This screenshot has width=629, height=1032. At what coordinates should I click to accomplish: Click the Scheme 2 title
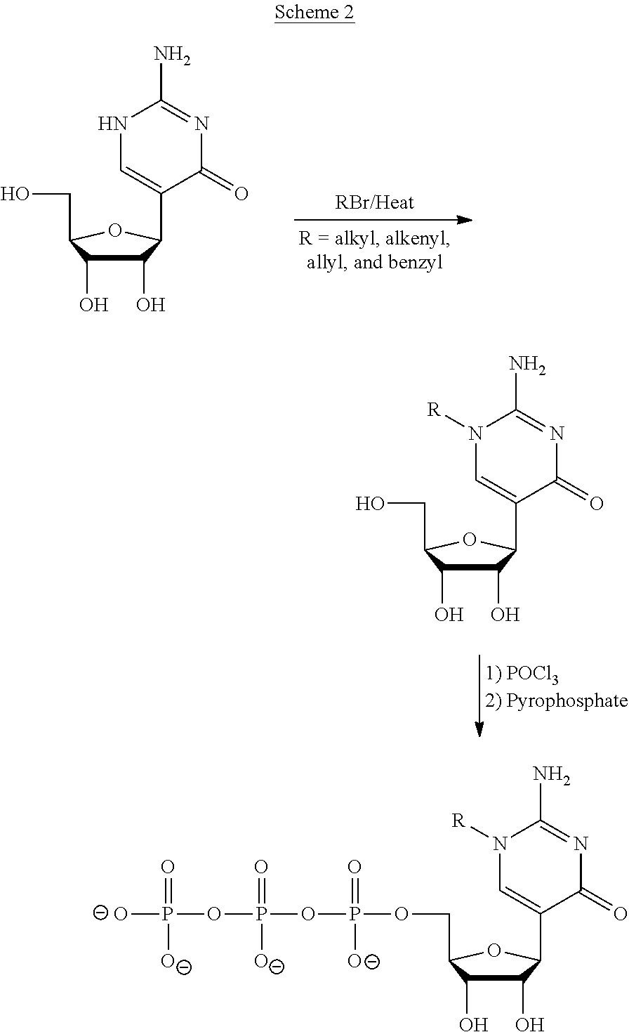tap(314, 12)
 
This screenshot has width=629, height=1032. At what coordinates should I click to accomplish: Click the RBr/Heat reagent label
tap(374, 203)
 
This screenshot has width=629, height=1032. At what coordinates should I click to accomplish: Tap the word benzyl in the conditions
tap(416, 262)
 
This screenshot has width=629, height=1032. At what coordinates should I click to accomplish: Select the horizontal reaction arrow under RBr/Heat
tap(383, 220)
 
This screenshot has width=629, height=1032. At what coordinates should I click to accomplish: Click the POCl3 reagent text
tap(532, 674)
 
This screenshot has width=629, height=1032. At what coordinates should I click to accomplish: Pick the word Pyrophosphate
tap(567, 700)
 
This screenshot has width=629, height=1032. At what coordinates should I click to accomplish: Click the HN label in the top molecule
tap(112, 124)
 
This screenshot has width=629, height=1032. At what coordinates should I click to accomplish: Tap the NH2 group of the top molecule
tap(172, 55)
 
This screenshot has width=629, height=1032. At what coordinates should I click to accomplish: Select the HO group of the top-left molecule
tap(15, 194)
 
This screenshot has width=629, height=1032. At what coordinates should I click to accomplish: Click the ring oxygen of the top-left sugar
tap(115, 230)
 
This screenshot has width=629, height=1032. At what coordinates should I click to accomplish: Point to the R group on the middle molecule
tap(434, 409)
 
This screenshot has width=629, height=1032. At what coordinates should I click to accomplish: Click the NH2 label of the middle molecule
tap(527, 365)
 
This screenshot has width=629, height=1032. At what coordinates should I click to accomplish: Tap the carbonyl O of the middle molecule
tap(596, 504)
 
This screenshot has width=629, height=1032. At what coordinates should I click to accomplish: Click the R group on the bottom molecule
tap(458, 821)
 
